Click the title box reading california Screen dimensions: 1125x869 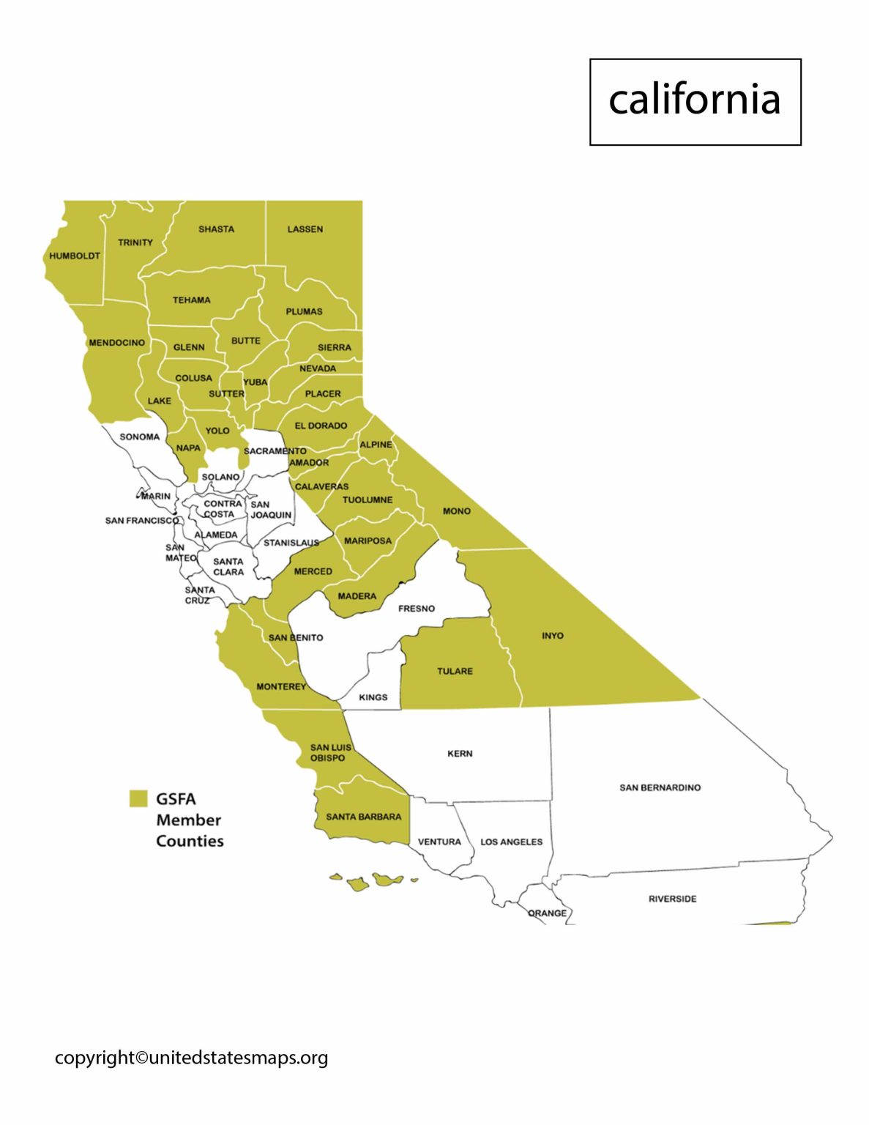click(x=695, y=102)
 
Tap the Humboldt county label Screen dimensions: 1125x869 click(x=75, y=256)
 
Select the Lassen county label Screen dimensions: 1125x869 click(x=305, y=229)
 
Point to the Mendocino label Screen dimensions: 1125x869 click(x=117, y=342)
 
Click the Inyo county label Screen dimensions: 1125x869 click(x=553, y=636)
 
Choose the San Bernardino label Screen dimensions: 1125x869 click(x=660, y=787)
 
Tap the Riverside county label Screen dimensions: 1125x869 click(x=672, y=899)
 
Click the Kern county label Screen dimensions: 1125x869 click(x=460, y=753)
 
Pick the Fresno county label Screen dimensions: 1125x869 click(x=417, y=608)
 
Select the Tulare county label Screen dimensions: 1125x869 click(x=455, y=671)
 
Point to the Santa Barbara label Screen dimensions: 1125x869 click(x=364, y=817)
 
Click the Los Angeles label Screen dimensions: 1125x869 click(x=511, y=842)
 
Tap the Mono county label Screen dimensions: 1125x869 click(x=456, y=510)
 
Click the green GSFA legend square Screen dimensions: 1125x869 click(x=138, y=798)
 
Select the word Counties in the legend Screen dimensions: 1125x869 click(x=190, y=841)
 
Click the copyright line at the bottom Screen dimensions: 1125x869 click(x=191, y=1058)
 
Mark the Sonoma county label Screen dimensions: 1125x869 click(x=139, y=437)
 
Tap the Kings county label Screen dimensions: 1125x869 click(x=373, y=697)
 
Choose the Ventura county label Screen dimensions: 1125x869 click(x=439, y=842)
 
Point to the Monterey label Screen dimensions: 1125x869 click(x=281, y=686)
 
